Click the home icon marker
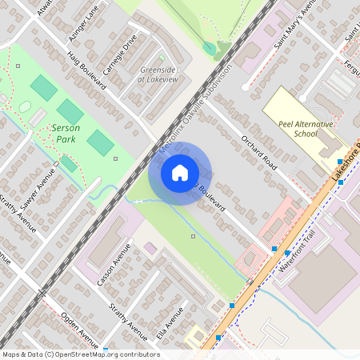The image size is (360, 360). pos(180,173)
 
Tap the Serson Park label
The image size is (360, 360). pos(66,133)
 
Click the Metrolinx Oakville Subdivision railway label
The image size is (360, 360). pos(194,104)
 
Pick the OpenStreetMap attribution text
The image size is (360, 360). pos(80,354)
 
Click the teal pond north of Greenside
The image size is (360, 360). pos(210,48)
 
